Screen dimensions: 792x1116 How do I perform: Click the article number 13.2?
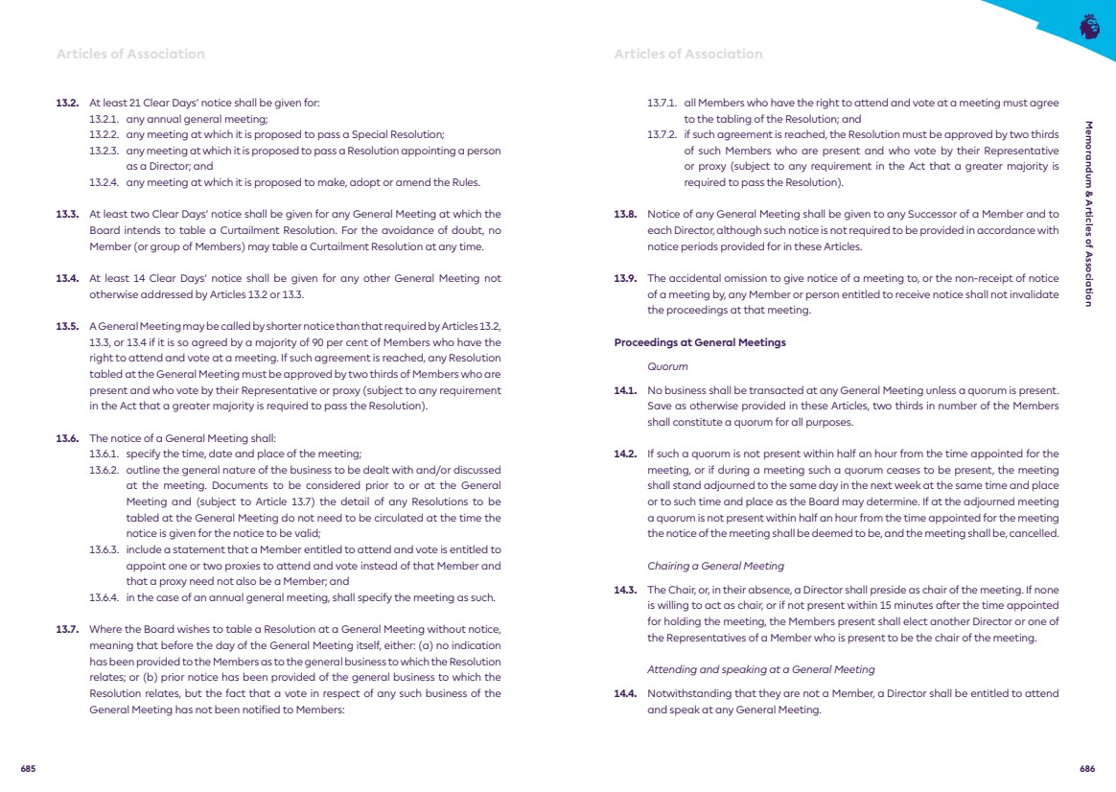tap(67, 103)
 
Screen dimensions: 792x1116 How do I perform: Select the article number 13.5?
tap(67, 327)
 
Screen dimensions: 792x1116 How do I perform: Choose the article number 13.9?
tap(625, 278)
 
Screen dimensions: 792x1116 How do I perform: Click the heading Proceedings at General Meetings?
tap(699, 342)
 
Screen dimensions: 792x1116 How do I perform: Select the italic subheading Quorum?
tap(667, 365)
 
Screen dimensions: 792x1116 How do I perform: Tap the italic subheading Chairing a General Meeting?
tap(714, 566)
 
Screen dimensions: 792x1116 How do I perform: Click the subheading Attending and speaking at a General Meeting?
tap(760, 669)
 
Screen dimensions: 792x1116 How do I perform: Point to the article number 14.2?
tap(625, 454)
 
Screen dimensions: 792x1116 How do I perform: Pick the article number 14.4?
tap(625, 693)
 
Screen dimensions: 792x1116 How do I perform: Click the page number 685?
tap(29, 768)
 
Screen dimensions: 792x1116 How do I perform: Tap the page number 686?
tap(1087, 768)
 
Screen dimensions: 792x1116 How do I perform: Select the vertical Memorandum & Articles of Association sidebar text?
tap(1087, 213)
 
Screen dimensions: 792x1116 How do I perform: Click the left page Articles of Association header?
tap(130, 54)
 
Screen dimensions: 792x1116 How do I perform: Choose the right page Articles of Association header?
tap(688, 54)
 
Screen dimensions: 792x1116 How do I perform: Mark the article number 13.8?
tap(625, 214)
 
